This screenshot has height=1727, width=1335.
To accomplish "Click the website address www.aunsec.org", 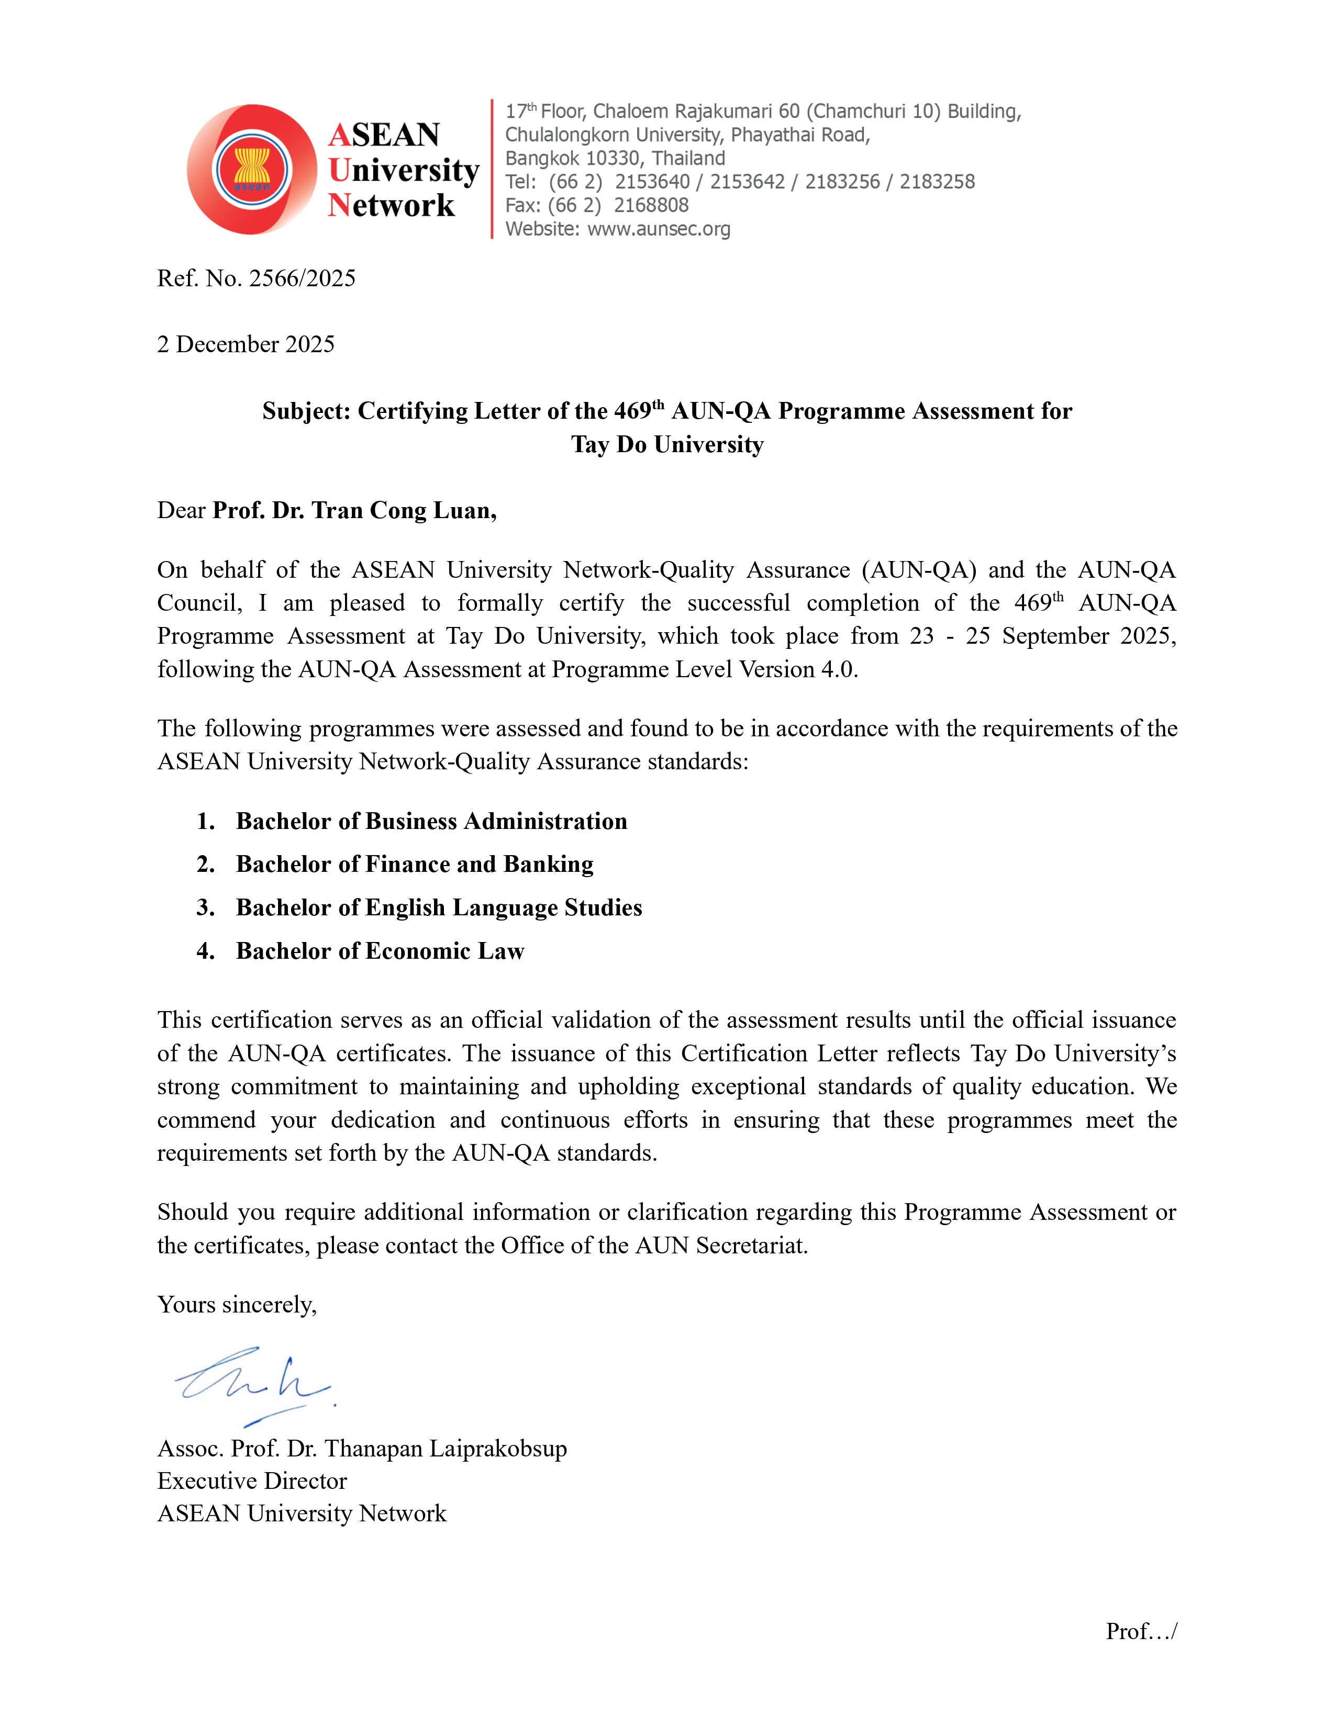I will (658, 229).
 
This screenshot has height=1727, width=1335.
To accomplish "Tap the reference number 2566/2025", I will (302, 278).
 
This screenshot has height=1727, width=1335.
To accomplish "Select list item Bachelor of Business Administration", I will (431, 822).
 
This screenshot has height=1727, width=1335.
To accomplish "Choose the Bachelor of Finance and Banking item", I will (415, 865).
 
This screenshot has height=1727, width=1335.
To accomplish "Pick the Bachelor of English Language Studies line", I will (439, 908).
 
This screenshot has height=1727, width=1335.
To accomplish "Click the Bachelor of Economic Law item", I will (380, 951).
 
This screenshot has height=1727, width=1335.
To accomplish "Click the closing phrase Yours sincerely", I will (237, 1305).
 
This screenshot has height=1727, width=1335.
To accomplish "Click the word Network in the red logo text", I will (392, 206).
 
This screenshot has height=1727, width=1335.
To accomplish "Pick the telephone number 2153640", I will (652, 182).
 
